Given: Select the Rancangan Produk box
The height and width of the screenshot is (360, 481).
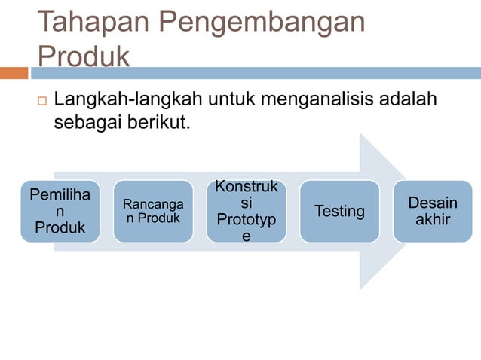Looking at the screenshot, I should point(153,212).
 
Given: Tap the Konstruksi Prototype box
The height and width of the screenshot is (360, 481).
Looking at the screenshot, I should point(246,212).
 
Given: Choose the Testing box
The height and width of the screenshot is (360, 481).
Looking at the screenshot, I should point(339,212).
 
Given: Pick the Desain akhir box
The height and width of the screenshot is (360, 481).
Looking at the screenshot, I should point(432,212).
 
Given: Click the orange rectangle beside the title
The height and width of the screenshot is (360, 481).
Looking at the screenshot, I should point(14,73).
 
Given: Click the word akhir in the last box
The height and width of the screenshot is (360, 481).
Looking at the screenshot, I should point(433,220).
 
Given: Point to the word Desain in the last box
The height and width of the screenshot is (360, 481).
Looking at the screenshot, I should point(433,203).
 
